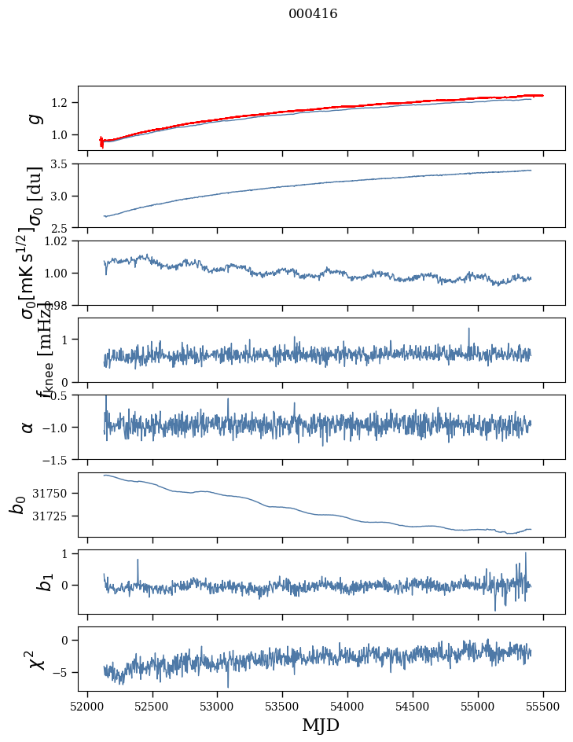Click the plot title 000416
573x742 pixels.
(x=313, y=14)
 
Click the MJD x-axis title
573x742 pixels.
(x=321, y=725)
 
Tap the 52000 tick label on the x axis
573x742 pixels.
(x=87, y=706)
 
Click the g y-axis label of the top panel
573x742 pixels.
(x=34, y=118)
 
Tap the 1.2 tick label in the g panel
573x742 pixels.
(x=61, y=103)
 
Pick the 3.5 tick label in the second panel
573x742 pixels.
(x=61, y=164)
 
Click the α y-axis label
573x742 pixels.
(x=28, y=427)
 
